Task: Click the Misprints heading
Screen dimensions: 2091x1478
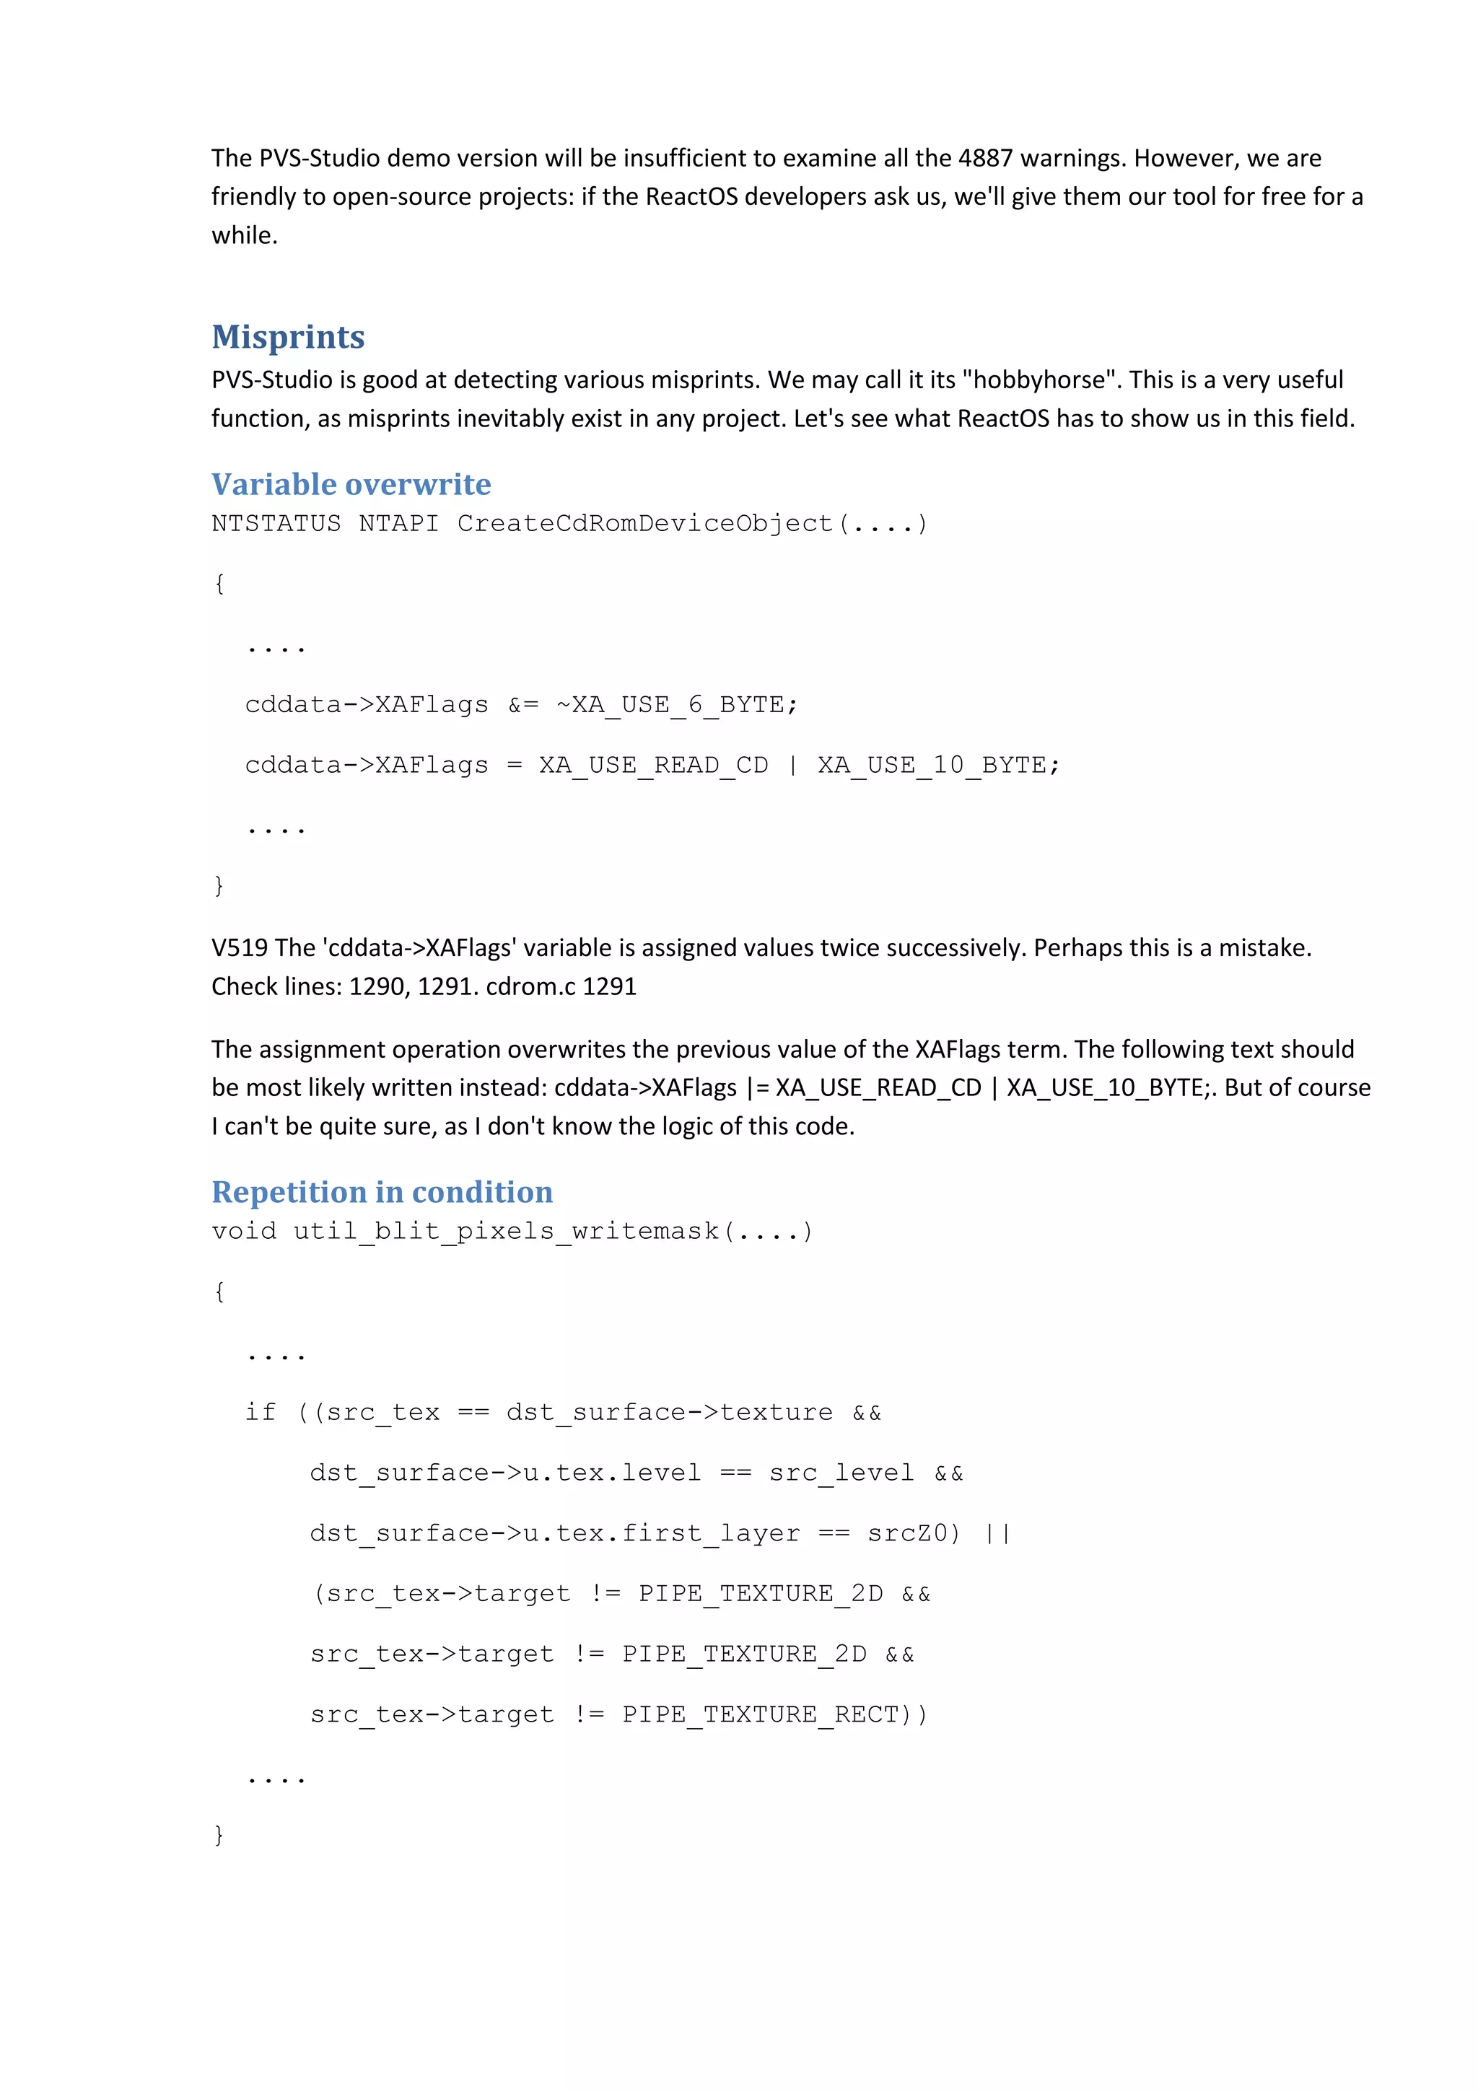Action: click(x=288, y=337)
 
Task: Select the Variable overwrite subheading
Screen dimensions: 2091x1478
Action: click(x=351, y=484)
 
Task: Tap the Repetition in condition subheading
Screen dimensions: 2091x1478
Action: click(x=382, y=1192)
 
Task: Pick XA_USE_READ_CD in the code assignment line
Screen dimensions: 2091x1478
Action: click(x=653, y=765)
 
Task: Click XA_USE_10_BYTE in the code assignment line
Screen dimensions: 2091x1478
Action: click(x=932, y=765)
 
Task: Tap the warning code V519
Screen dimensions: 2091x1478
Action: click(x=240, y=948)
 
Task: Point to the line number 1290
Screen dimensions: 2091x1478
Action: click(x=375, y=986)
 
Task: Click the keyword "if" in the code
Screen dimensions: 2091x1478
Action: click(x=261, y=1413)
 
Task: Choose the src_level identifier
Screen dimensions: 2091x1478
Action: click(x=841, y=1473)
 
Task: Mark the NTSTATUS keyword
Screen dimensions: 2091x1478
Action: click(x=276, y=524)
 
